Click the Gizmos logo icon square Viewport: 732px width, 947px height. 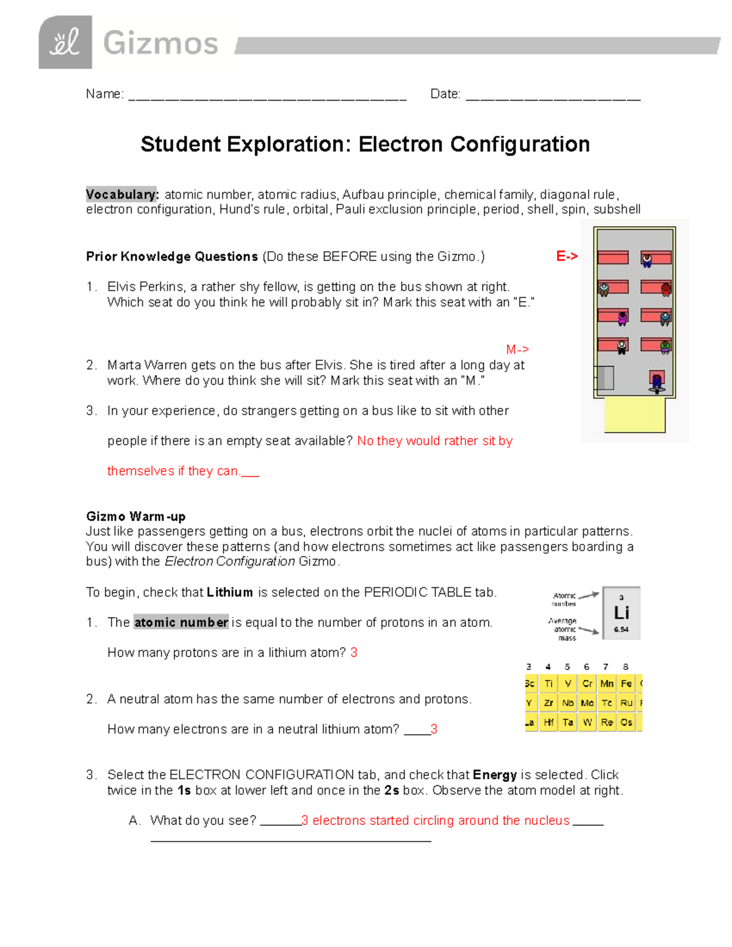65,42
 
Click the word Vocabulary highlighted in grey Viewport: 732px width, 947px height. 121,195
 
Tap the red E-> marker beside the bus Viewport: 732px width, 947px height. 567,257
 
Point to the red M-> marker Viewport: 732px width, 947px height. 517,349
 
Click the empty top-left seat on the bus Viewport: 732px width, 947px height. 613,257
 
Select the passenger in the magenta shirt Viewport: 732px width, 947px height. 622,318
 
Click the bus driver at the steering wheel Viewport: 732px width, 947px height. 657,382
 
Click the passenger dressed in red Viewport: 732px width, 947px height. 666,289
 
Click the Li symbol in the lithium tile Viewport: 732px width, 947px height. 622,613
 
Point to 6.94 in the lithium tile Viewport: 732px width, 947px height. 622,629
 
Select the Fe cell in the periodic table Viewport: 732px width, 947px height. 626,684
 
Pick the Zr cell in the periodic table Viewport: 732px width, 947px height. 548,703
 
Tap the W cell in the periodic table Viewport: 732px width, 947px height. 587,723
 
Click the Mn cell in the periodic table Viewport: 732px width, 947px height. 607,684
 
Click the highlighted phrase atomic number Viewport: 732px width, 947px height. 181,623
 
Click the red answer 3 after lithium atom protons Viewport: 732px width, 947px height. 354,652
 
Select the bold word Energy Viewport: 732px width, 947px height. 495,775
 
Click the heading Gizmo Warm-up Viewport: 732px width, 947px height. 135,516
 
